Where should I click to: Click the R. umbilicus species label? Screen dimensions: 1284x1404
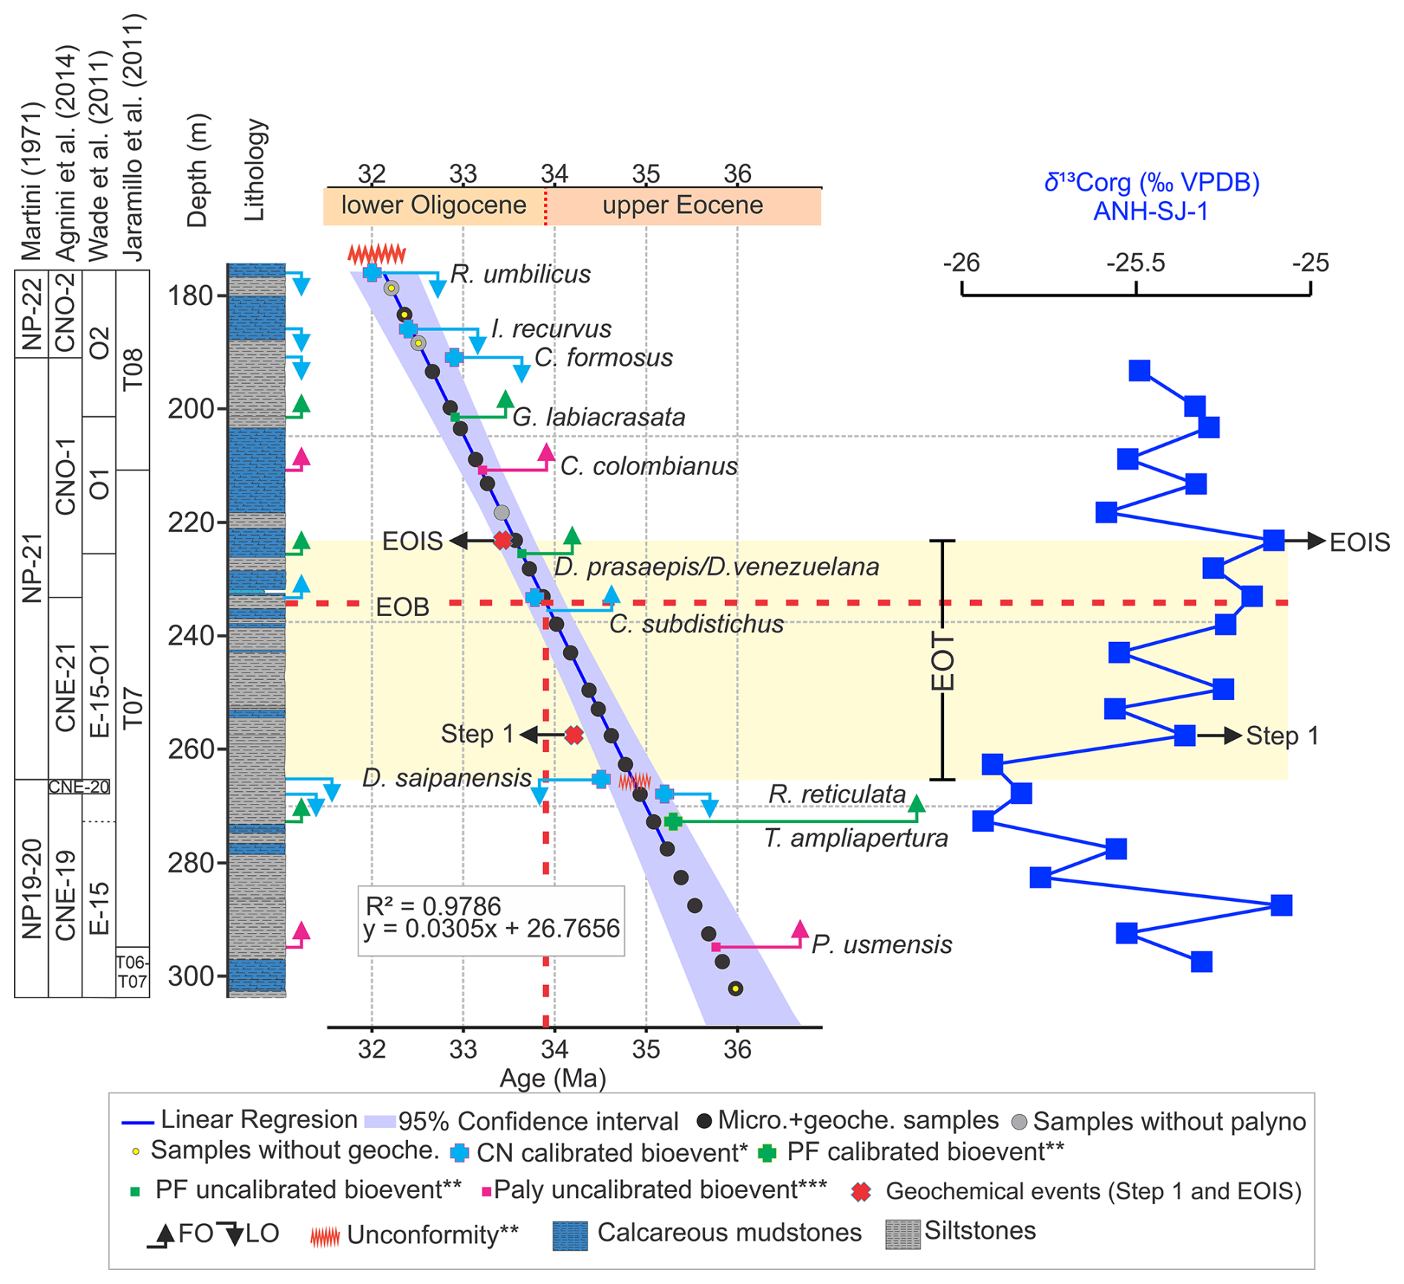click(520, 275)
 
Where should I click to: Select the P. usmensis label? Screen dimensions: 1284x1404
click(882, 945)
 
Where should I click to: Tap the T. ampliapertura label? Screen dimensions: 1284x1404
click(856, 839)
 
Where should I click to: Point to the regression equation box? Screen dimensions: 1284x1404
click(491, 920)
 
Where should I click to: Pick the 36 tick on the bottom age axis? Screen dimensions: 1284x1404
click(737, 1049)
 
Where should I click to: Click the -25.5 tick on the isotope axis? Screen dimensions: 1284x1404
click(1136, 263)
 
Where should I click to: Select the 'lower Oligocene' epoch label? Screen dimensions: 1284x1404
click(433, 206)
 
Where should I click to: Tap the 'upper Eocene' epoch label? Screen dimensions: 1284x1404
click(683, 206)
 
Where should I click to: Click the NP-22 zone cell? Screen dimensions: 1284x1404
click(31, 314)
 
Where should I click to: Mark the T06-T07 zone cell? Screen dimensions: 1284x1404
click(132, 972)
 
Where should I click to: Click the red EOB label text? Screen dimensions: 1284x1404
click(402, 607)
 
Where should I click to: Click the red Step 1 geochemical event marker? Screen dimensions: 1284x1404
click(574, 736)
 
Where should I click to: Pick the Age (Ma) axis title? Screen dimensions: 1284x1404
click(553, 1078)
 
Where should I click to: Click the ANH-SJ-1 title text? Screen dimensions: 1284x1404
click(1150, 212)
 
